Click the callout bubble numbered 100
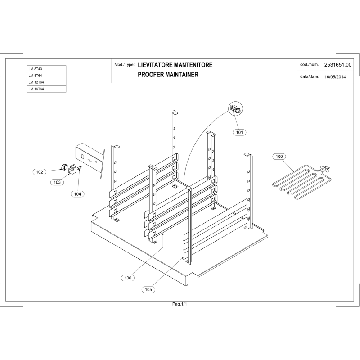tap(279, 157)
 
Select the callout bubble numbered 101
tap(240, 132)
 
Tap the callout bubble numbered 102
tap(40, 172)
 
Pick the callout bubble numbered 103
tap(57, 182)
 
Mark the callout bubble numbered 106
tap(128, 278)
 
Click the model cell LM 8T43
tap(46, 69)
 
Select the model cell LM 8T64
tap(46, 76)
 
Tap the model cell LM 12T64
tap(46, 82)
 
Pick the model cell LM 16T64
tap(46, 89)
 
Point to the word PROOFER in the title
tap(153, 75)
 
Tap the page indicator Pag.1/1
tap(180, 305)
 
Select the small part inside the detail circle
tap(235, 108)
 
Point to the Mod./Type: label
tap(124, 65)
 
